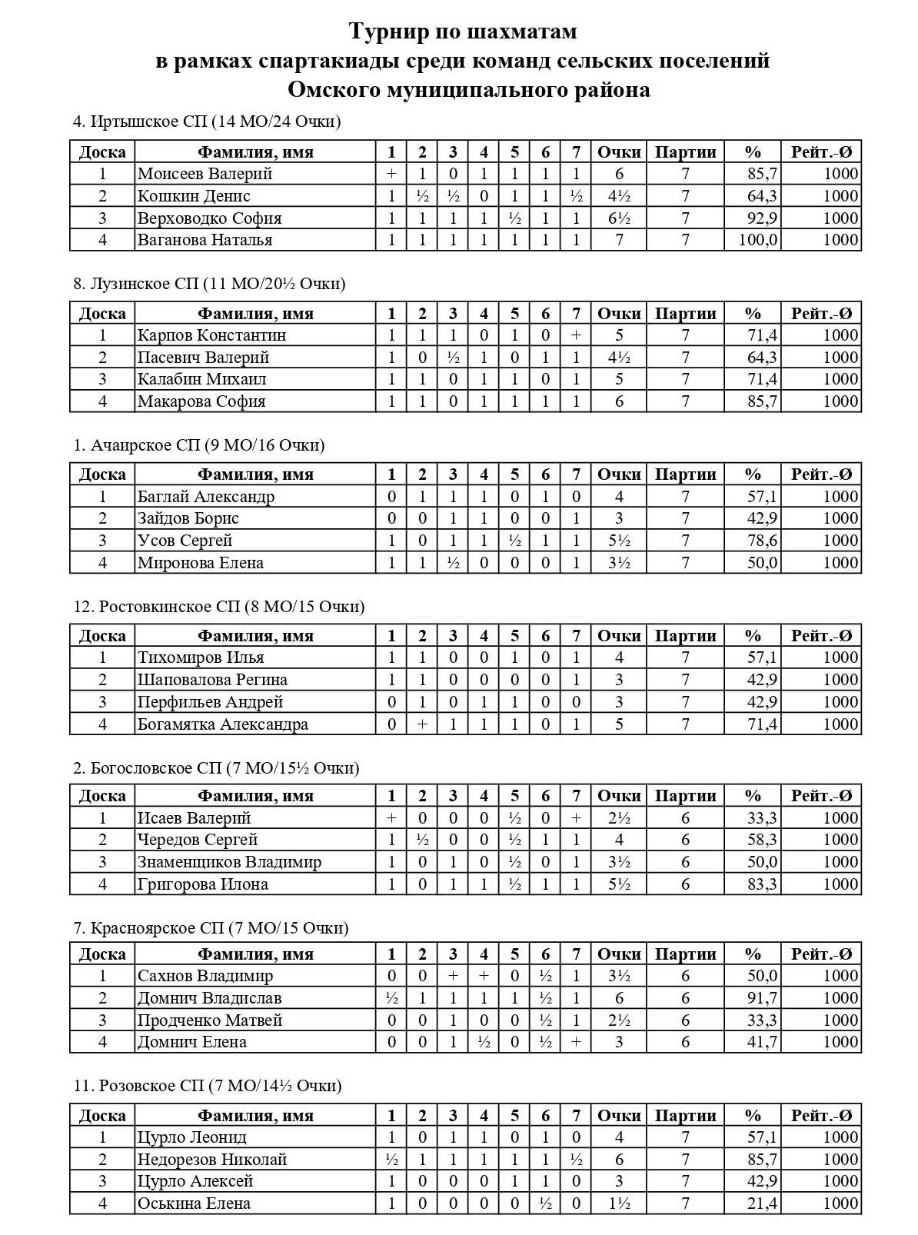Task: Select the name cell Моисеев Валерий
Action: tap(205, 174)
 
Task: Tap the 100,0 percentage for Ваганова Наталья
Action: tap(757, 240)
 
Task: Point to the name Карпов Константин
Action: tap(211, 335)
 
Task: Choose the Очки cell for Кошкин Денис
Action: tap(619, 196)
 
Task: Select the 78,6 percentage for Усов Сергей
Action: tap(762, 541)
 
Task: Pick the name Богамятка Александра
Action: tap(222, 724)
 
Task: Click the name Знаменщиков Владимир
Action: tap(229, 862)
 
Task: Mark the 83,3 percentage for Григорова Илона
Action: tap(762, 884)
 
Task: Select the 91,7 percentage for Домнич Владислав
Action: tap(762, 998)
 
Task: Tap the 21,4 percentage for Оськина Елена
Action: tap(762, 1203)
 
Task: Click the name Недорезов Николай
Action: tap(212, 1160)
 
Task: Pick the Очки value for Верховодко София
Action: tap(619, 218)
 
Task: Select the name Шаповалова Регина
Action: tap(212, 680)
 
